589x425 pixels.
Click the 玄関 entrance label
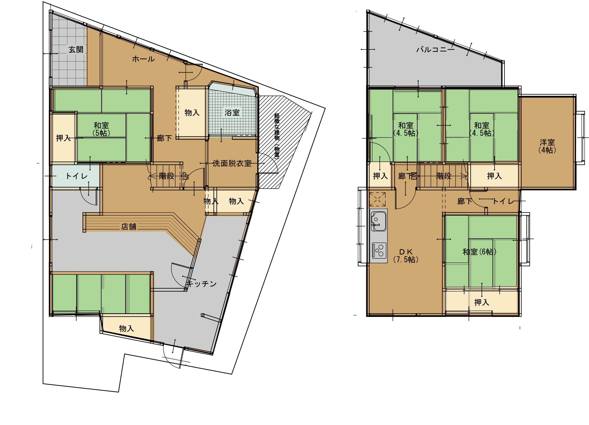[x=76, y=49]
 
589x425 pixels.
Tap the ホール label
[x=143, y=59]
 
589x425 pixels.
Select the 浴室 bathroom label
[x=232, y=113]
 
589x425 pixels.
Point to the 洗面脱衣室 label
[x=232, y=163]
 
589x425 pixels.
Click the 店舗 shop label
[x=128, y=227]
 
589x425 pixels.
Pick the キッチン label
[x=202, y=284]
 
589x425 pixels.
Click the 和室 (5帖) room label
[x=101, y=129]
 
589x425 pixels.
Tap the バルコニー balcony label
[x=436, y=49]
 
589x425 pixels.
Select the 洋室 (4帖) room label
[x=547, y=146]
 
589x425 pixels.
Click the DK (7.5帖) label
[x=406, y=255]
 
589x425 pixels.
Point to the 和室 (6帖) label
[x=479, y=252]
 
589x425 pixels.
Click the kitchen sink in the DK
[x=378, y=221]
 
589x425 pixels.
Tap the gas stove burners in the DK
[x=379, y=251]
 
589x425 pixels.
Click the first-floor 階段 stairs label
[x=166, y=176]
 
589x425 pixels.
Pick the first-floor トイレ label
[x=77, y=176]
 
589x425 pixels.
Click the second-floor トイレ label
[x=503, y=201]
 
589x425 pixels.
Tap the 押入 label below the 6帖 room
[x=482, y=302]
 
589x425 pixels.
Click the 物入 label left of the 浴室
[x=192, y=113]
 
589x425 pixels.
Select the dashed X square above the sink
[x=377, y=199]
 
